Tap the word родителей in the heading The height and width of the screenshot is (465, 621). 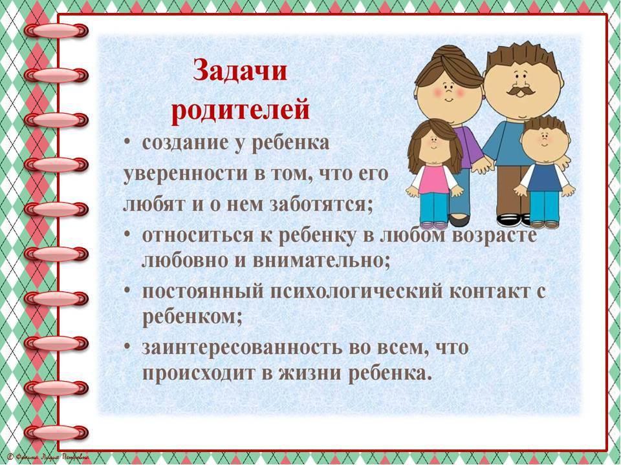point(240,110)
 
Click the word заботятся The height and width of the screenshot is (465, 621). point(321,205)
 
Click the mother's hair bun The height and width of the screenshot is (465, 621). point(448,54)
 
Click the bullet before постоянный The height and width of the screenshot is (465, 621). point(127,290)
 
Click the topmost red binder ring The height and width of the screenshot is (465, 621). point(56,30)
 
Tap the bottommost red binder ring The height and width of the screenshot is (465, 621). point(56,432)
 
